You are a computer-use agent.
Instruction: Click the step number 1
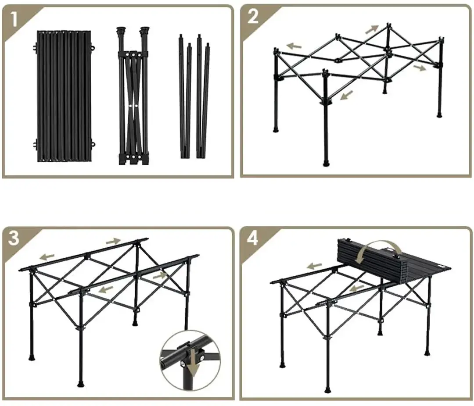tap(14, 19)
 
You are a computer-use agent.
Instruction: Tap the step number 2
tap(253, 17)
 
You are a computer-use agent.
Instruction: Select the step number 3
tap(14, 238)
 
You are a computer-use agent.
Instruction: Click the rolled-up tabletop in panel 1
tap(64, 96)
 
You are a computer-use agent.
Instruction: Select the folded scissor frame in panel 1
tap(133, 96)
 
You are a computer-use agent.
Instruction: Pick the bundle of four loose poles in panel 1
tap(194, 96)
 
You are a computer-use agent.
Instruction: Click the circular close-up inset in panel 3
tap(190, 361)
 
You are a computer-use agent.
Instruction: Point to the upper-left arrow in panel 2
tap(294, 46)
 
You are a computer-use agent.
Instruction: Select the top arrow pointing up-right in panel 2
tap(372, 29)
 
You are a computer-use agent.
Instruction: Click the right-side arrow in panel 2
tap(420, 68)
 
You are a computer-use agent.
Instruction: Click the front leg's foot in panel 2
tap(326, 163)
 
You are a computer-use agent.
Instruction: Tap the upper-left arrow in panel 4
tap(314, 266)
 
